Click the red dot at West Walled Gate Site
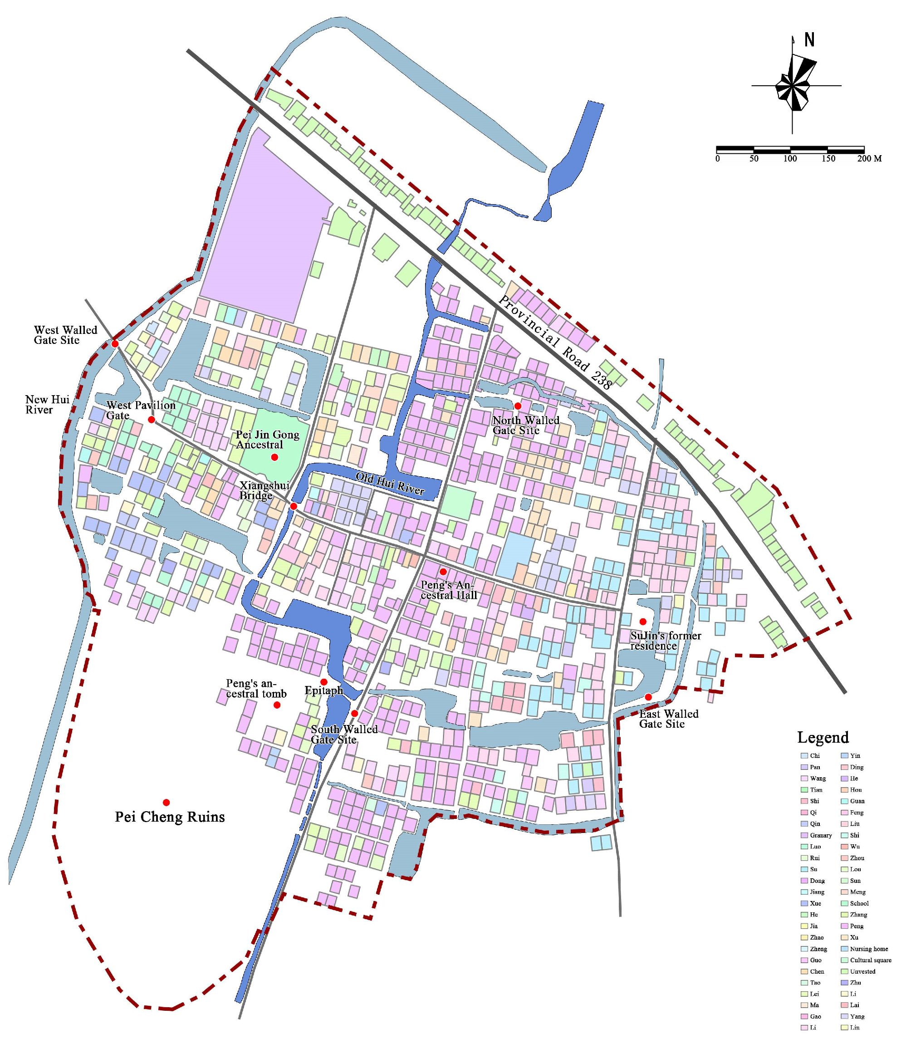[115, 344]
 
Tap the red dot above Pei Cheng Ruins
[166, 803]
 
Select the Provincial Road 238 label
[555, 342]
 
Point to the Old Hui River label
[390, 483]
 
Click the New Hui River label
[47, 405]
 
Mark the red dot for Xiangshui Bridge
[293, 506]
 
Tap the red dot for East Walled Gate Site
[648, 697]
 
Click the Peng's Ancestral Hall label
[448, 590]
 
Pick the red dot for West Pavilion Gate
[152, 419]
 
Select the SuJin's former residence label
[666, 641]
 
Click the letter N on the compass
[809, 39]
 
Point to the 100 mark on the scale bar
[790, 158]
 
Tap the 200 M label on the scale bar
[870, 158]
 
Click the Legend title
[823, 737]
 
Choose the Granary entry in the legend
[821, 835]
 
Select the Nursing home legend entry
[869, 949]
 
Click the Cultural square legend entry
[871, 960]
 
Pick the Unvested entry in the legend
[863, 971]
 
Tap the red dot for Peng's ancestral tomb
[277, 705]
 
